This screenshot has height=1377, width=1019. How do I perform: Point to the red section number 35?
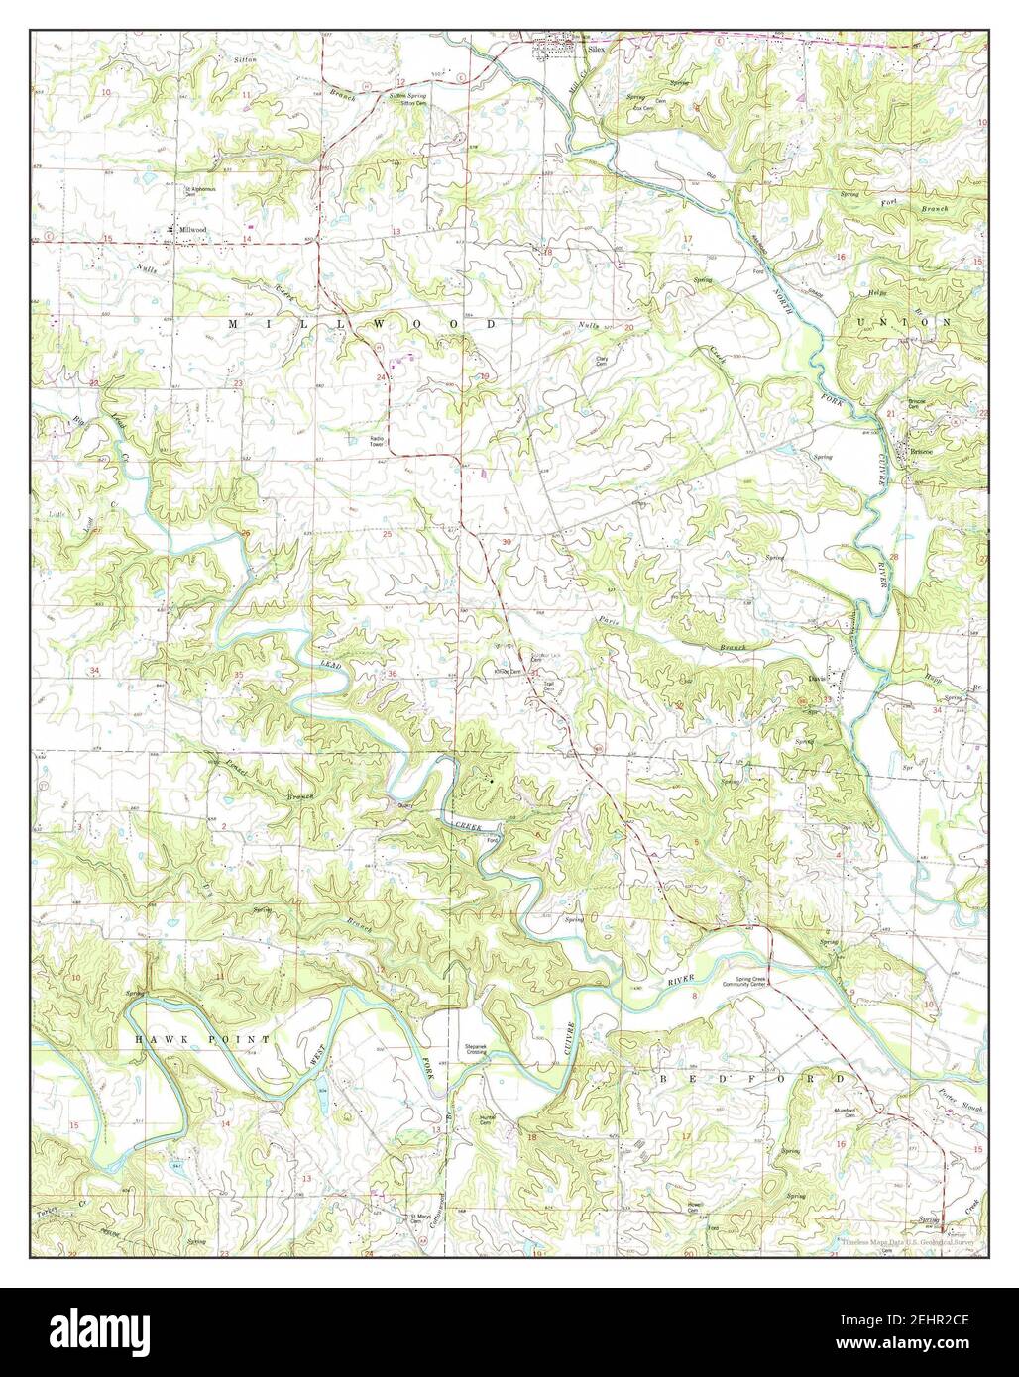coord(238,675)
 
